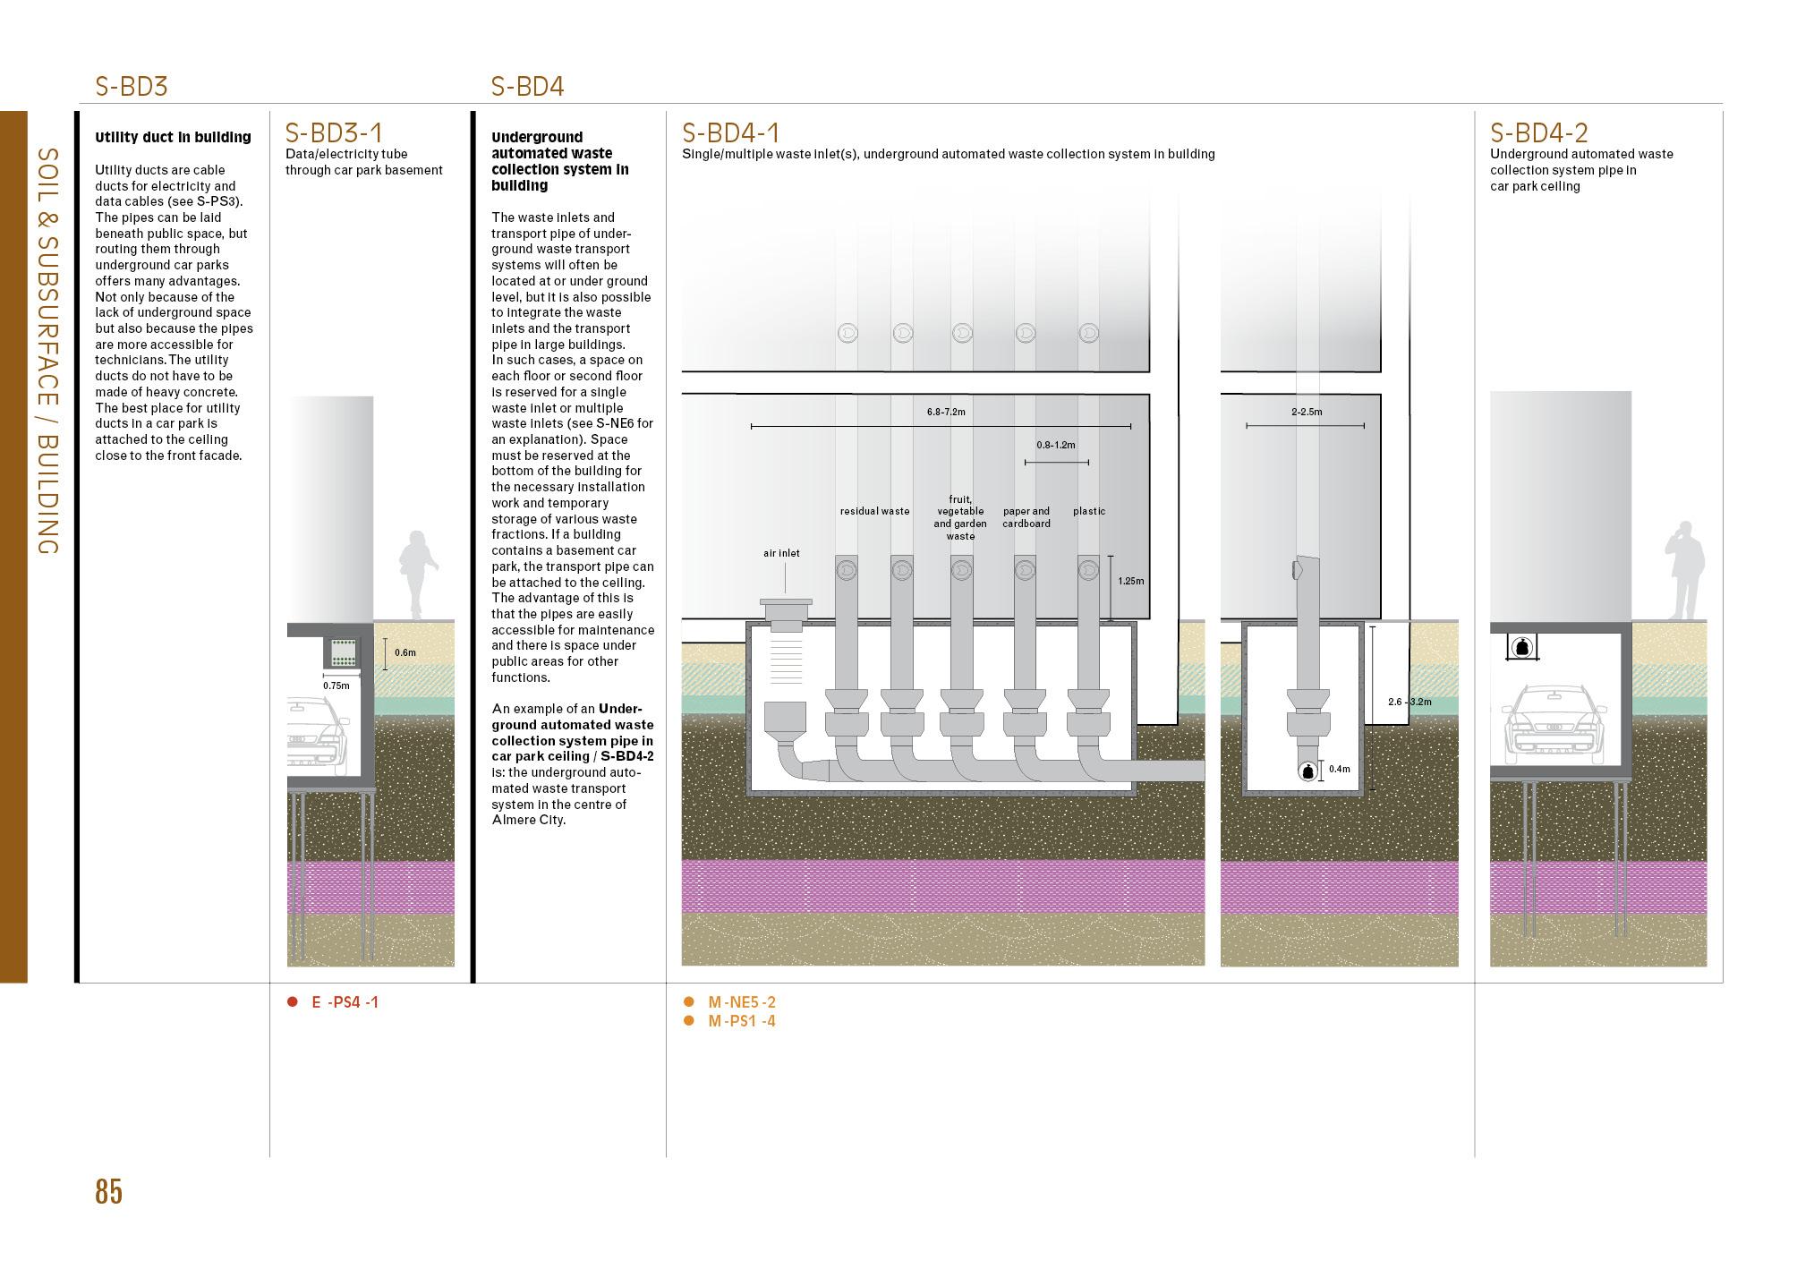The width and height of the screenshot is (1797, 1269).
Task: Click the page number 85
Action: click(108, 1192)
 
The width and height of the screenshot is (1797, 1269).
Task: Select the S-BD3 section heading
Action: click(132, 87)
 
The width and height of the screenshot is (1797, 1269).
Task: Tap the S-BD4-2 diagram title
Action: click(1538, 133)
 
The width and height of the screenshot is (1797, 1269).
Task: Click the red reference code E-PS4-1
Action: click(345, 1002)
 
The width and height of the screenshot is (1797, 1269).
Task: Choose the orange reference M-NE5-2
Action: click(741, 1002)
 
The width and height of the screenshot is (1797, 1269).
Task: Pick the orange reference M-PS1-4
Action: click(741, 1021)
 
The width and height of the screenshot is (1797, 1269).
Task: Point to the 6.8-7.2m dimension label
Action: click(945, 413)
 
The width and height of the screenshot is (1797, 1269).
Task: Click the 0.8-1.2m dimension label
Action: click(1056, 445)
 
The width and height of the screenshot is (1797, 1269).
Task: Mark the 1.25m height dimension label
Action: click(1130, 581)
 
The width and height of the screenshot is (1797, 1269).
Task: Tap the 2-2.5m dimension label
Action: click(1307, 413)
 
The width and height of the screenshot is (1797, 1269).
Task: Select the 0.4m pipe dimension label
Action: click(1339, 770)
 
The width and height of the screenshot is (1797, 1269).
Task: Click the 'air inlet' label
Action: click(781, 554)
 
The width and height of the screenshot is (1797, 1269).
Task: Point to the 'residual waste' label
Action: click(874, 512)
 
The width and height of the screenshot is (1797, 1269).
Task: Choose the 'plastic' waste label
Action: click(1089, 512)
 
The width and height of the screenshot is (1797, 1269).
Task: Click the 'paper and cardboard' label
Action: click(1026, 517)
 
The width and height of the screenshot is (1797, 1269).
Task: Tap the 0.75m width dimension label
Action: click(336, 686)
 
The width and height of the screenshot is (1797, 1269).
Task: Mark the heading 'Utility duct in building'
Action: click(173, 137)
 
